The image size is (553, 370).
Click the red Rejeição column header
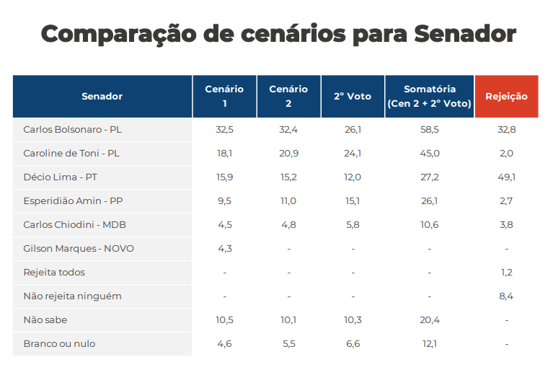tap(506, 97)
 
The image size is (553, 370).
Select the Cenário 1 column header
tap(224, 97)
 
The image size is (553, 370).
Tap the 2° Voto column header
tap(353, 97)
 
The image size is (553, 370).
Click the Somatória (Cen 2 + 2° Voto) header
tap(430, 97)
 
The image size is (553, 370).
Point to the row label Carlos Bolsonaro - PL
tap(72, 130)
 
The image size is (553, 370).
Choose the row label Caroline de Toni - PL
tap(71, 154)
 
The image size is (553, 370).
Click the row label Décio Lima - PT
tap(61, 177)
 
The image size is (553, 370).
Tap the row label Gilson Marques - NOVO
tap(79, 249)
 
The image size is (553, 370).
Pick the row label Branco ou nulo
tap(59, 344)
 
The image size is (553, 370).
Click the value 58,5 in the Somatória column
tap(430, 130)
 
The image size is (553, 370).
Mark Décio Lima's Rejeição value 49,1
tap(506, 177)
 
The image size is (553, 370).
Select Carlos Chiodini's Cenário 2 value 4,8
tap(288, 225)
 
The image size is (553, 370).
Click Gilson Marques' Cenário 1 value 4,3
tap(224, 249)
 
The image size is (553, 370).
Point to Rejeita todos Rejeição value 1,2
tap(506, 273)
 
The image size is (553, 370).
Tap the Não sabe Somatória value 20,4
tap(430, 320)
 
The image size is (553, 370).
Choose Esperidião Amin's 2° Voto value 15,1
tap(353, 201)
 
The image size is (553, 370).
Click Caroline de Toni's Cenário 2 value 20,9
tap(288, 154)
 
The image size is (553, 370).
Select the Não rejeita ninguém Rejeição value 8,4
tap(506, 296)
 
